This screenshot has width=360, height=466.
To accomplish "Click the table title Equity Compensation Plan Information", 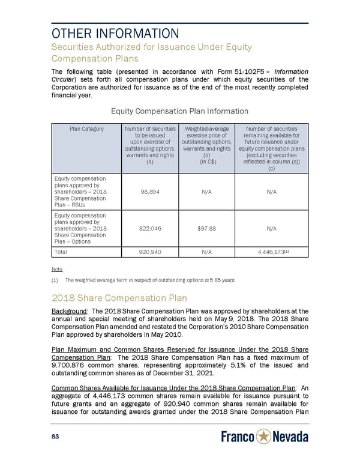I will tap(179, 110).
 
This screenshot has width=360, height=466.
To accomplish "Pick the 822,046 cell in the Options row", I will tap(149, 228).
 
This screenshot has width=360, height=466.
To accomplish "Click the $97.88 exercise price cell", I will tap(205, 228).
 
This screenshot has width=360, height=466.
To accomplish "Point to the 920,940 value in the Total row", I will tap(149, 252).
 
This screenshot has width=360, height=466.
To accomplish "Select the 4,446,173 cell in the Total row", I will tap(269, 252).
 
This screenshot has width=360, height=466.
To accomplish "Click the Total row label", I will tap(61, 252).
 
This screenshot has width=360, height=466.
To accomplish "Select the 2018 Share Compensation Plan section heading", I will tap(119, 298).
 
